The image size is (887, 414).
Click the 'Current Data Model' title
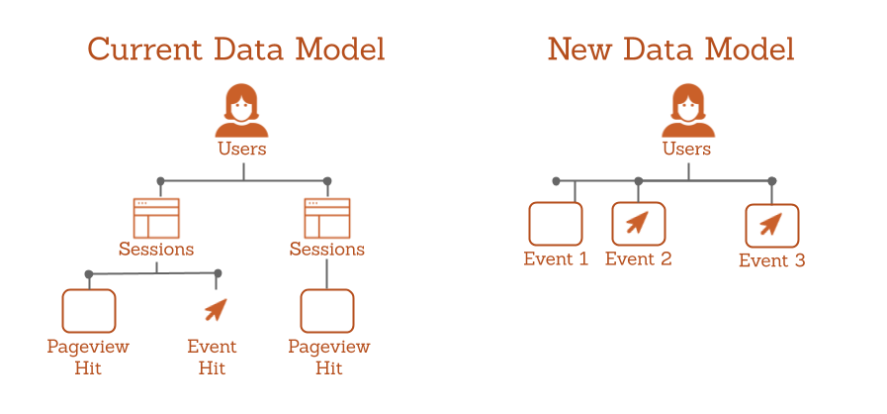(236, 50)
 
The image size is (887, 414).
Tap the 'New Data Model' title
(670, 50)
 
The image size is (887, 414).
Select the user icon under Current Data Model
(241, 111)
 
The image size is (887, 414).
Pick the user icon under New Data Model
(688, 111)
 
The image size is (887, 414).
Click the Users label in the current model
(242, 149)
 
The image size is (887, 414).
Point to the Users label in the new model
(686, 149)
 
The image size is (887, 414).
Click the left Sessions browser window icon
(156, 218)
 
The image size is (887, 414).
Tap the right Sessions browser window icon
(327, 218)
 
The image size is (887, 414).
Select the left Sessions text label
(156, 249)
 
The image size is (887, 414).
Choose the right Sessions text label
(327, 249)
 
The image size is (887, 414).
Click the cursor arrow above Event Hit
(216, 309)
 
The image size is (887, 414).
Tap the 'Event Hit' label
(213, 357)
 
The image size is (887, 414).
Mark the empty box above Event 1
(556, 224)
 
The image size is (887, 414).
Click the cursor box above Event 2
(639, 224)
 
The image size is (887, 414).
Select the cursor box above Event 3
(772, 226)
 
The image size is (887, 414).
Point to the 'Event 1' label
(556, 259)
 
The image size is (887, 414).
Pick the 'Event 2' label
(639, 259)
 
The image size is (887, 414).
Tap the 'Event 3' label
(772, 260)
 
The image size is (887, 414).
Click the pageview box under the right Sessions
(327, 311)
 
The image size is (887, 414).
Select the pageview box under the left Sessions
(89, 311)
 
